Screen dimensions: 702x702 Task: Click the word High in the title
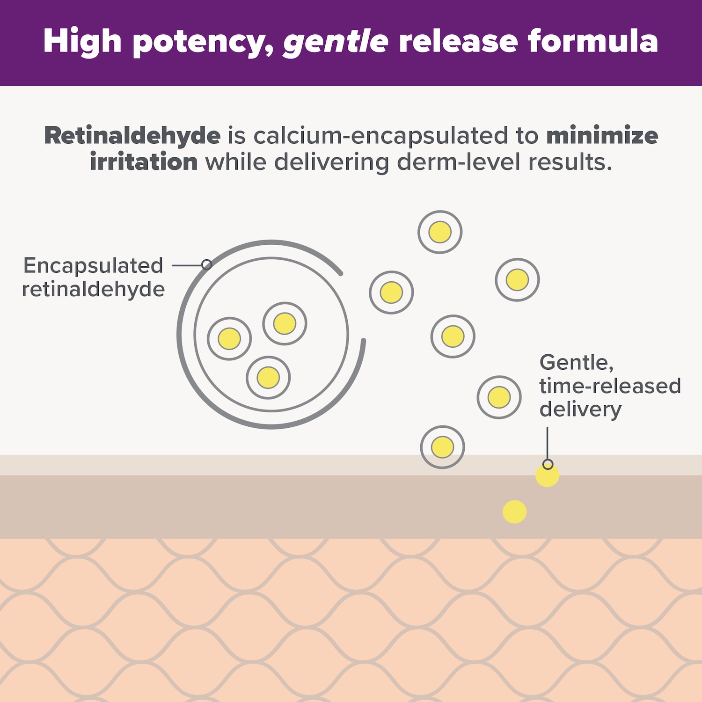[x=82, y=41]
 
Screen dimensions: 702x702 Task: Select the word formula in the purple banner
[x=593, y=41]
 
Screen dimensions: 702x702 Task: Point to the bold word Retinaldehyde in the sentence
[x=132, y=136]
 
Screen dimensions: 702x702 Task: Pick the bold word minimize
[x=602, y=136]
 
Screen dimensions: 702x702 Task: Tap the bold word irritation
[x=144, y=162]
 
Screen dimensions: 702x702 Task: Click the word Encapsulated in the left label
[x=93, y=266]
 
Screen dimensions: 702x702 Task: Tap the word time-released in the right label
[x=610, y=386]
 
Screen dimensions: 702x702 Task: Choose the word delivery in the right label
[x=580, y=409]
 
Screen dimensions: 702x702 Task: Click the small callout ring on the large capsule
[x=206, y=265]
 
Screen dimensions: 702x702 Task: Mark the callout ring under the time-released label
[x=548, y=464]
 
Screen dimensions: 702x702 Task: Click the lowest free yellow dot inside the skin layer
[x=515, y=512]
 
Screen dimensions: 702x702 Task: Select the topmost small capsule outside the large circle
[x=440, y=232]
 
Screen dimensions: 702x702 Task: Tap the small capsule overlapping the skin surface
[x=442, y=447]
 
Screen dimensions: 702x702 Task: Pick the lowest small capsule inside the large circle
[x=268, y=378]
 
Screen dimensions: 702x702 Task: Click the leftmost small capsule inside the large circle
[x=229, y=338]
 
